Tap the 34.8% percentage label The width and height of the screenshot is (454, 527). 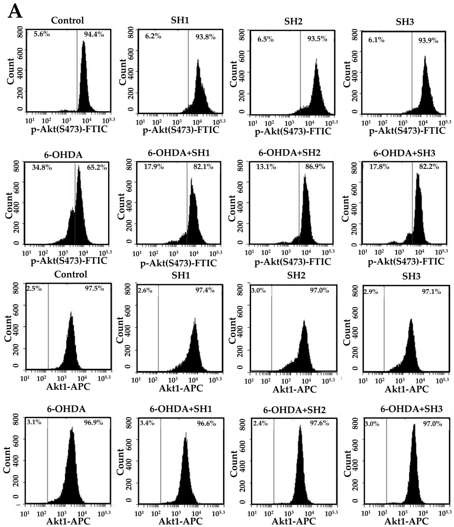click(42, 168)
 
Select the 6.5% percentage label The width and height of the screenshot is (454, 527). click(265, 39)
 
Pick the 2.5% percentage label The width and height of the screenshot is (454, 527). click(34, 289)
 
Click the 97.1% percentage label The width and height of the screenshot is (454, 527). click(431, 292)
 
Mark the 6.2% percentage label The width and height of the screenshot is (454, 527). click(153, 36)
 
